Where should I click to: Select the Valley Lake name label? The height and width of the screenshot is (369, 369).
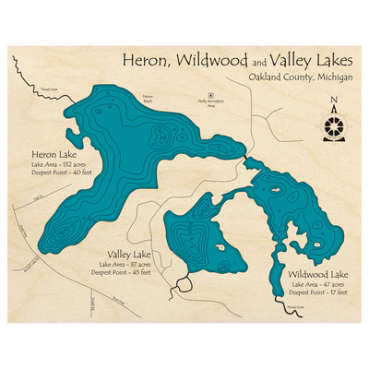tap(129, 253)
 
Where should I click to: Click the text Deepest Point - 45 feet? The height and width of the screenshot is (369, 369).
tap(128, 272)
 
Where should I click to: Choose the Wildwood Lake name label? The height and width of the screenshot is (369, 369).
tap(317, 275)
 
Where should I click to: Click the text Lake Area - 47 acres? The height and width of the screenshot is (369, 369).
tap(317, 284)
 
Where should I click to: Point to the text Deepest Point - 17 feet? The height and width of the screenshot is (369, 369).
tap(317, 292)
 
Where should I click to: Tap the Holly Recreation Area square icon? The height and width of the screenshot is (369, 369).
tap(209, 95)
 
